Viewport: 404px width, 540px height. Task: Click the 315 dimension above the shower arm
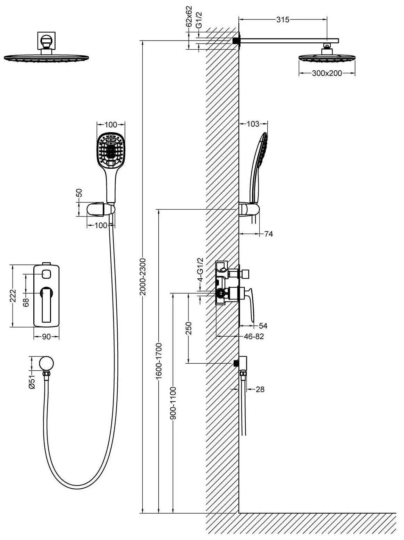click(283, 20)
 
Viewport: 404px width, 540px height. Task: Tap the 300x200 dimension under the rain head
click(326, 73)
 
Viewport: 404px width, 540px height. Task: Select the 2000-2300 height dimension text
click(142, 276)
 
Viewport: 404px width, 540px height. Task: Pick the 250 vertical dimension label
click(188, 328)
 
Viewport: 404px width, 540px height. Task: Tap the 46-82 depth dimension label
click(254, 336)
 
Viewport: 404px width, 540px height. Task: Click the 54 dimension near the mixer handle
click(263, 326)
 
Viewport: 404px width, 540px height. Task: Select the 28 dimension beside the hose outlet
click(260, 389)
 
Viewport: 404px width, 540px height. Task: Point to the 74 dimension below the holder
click(268, 234)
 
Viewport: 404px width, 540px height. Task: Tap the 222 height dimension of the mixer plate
click(13, 296)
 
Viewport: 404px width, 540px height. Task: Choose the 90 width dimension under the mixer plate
click(46, 337)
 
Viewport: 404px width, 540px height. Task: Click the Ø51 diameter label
click(32, 381)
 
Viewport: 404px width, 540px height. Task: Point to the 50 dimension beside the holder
click(79, 193)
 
